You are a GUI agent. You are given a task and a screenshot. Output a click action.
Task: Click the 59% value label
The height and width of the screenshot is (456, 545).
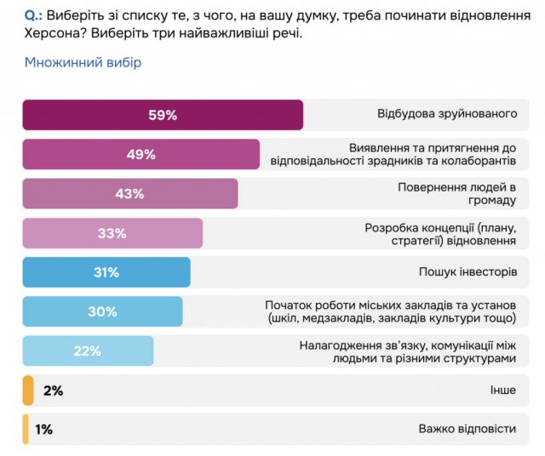click(x=162, y=116)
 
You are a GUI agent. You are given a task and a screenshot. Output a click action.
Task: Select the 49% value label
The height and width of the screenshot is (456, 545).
click(x=141, y=155)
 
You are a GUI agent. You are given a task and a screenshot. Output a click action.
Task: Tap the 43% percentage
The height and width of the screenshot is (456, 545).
click(x=129, y=194)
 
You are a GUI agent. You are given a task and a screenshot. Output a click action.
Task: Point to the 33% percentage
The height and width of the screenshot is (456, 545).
click(x=112, y=233)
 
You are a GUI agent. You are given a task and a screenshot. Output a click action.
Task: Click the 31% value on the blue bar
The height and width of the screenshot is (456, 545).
click(x=106, y=272)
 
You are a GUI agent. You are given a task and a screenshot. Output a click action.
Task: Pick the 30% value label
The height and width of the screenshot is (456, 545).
click(x=102, y=311)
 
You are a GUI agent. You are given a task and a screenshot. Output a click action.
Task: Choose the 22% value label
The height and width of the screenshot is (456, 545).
click(x=88, y=351)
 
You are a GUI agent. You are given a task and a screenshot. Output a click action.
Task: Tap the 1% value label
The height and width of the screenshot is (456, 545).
click(x=43, y=430)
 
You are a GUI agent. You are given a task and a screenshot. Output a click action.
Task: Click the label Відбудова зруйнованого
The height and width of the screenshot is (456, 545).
click(x=447, y=114)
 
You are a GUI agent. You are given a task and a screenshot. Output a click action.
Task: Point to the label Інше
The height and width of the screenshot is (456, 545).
click(x=502, y=390)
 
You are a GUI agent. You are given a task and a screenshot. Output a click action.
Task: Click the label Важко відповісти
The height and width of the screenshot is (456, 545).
click(x=468, y=430)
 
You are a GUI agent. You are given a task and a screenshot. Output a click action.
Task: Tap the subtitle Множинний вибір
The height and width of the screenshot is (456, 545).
click(x=83, y=63)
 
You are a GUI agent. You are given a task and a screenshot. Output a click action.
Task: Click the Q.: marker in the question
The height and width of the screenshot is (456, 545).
click(x=35, y=16)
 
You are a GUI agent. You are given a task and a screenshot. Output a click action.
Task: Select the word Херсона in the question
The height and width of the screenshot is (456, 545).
click(x=50, y=35)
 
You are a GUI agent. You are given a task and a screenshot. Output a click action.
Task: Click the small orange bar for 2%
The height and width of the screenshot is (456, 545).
click(x=28, y=390)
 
